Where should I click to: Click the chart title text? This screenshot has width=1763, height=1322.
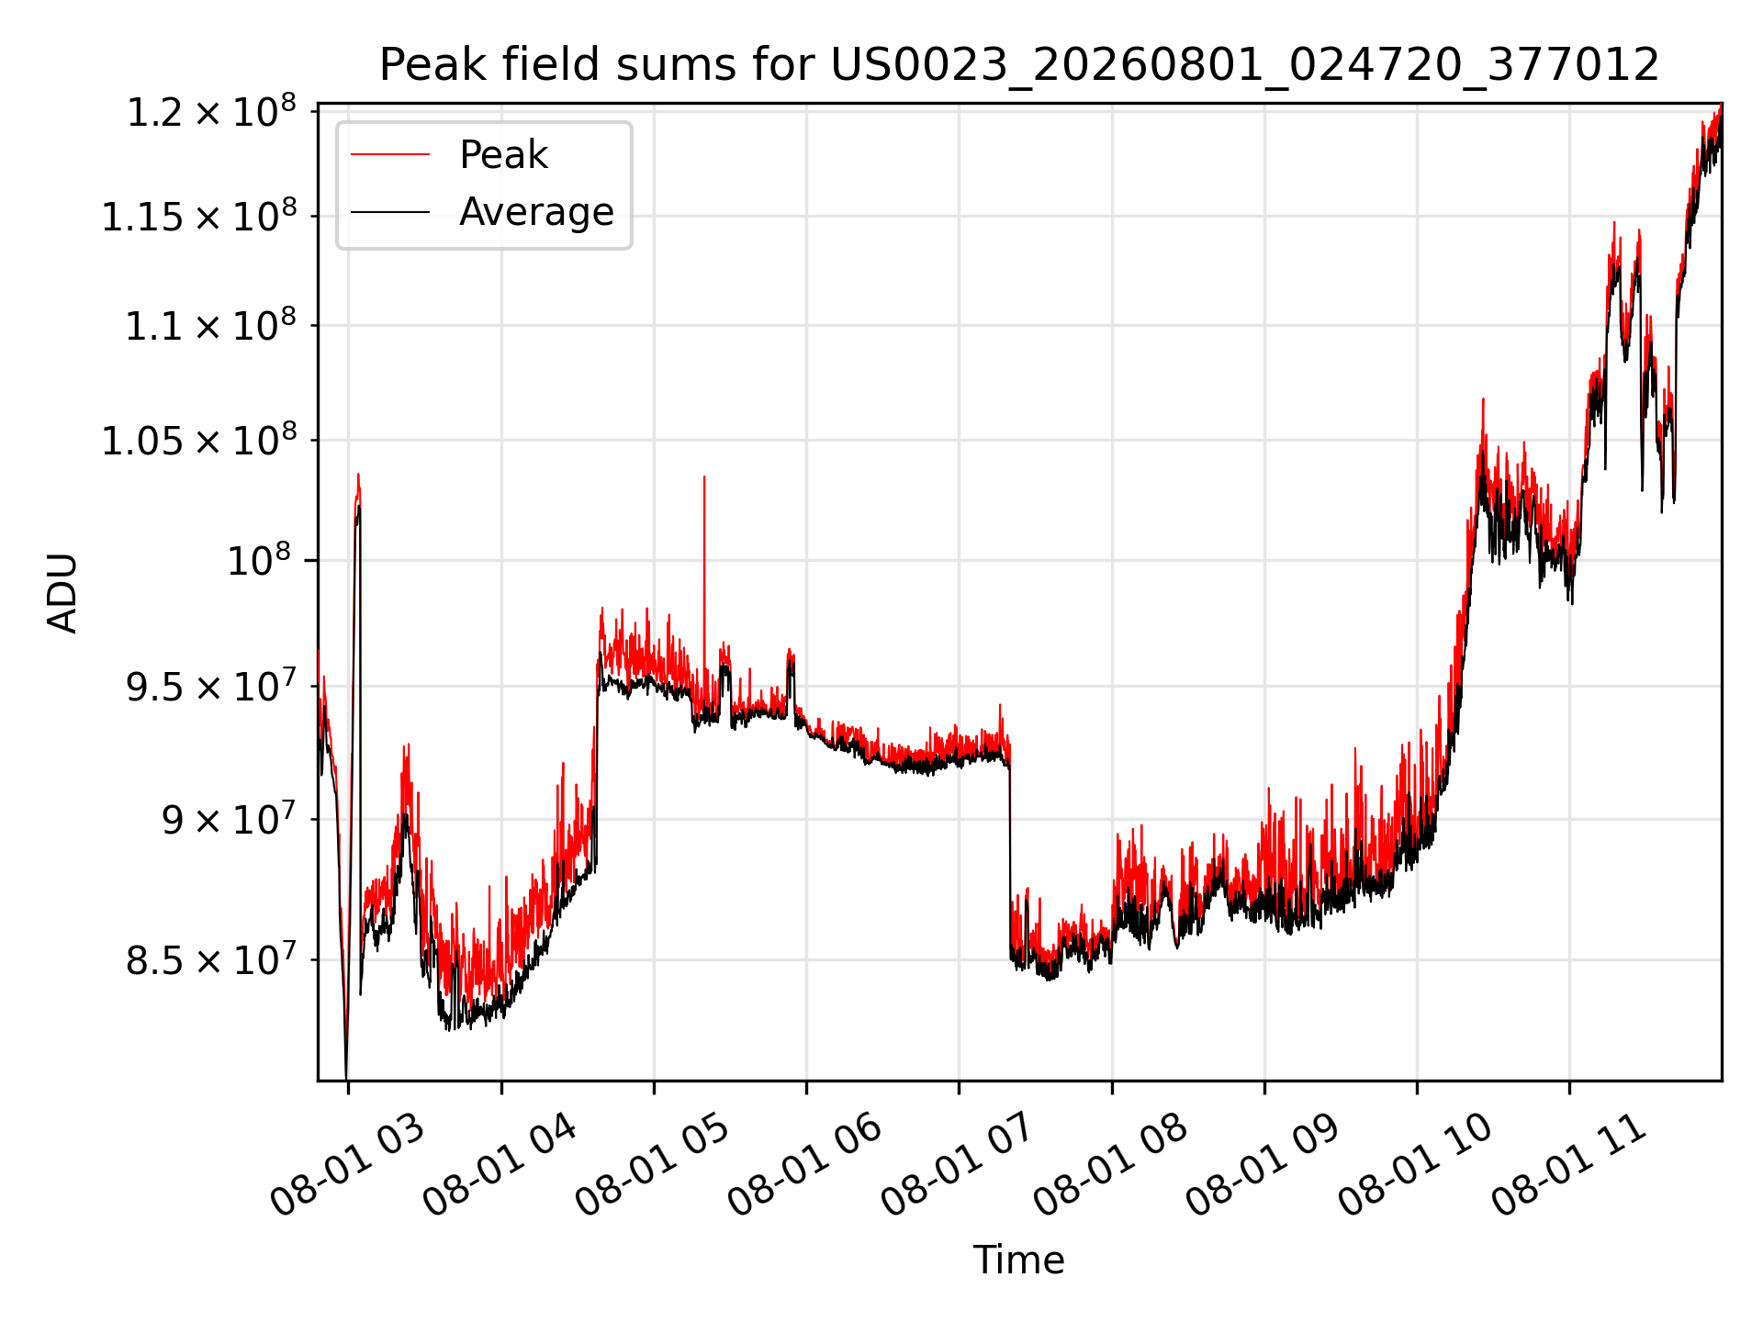1019,65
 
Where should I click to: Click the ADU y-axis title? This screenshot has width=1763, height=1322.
62,592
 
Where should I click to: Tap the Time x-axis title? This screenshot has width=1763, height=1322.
1019,1260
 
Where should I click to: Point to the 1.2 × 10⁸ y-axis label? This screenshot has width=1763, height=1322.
211,112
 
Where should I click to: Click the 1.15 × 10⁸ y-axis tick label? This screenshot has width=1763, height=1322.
199,217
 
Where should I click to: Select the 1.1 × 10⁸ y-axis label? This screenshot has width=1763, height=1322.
211,325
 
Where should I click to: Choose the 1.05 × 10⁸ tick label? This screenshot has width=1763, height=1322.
199,441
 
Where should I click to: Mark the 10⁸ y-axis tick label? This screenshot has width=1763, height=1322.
262,559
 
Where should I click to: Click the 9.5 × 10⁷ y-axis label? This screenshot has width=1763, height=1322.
211,686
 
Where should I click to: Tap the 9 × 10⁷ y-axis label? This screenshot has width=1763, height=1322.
230,819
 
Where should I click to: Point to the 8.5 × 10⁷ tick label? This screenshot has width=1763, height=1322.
211,960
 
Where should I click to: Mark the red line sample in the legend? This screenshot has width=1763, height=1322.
390,155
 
